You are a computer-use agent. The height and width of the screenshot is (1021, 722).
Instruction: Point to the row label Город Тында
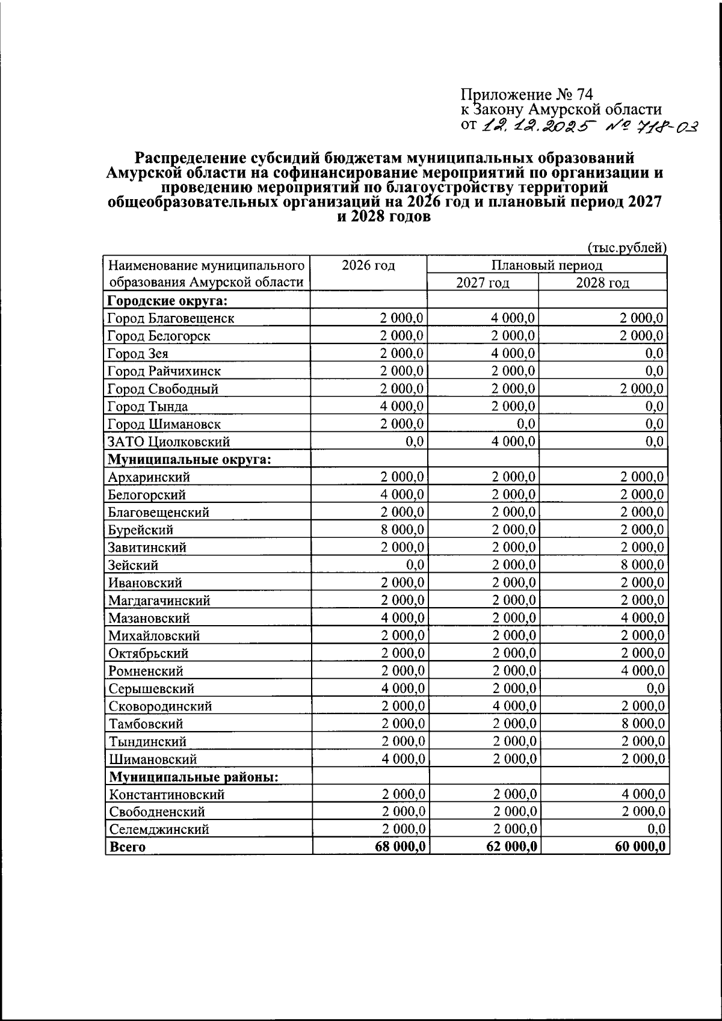pyautogui.click(x=147, y=407)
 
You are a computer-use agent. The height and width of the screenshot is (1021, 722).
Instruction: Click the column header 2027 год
pyautogui.click(x=483, y=283)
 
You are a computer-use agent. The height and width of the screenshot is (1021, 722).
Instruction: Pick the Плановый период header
pyautogui.click(x=546, y=265)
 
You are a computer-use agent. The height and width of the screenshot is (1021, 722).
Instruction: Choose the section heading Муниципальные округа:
pyautogui.click(x=189, y=460)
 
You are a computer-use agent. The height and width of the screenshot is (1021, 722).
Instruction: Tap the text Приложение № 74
pyautogui.click(x=527, y=95)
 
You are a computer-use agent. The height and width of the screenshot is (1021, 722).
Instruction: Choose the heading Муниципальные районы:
pyautogui.click(x=193, y=777)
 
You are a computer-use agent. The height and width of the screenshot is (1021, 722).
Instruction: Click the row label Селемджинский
pyautogui.click(x=159, y=829)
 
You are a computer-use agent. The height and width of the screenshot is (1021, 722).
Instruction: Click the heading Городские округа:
pyautogui.click(x=170, y=301)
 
